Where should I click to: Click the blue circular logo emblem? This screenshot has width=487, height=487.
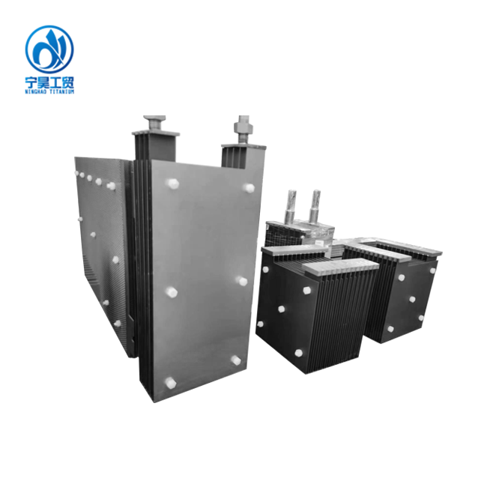[x=49, y=49]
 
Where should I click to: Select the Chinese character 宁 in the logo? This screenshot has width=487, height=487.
[x=31, y=82]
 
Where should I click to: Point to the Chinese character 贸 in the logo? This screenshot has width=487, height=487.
[x=67, y=82]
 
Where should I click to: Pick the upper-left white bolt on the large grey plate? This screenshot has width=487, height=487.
[x=172, y=184]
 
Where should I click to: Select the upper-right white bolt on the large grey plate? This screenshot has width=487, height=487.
[x=249, y=187]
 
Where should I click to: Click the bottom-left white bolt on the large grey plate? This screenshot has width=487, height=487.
[x=170, y=383]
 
